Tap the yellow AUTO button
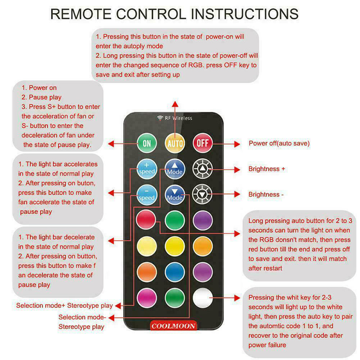point(175,144)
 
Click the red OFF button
point(202,143)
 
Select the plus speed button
point(147,169)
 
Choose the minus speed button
point(147,195)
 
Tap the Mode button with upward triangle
point(175,169)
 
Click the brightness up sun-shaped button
point(202,169)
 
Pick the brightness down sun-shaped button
point(202,194)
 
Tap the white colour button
point(202,298)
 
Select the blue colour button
point(175,272)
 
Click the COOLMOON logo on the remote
point(174,326)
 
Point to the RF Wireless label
point(175,118)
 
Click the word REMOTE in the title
point(81,14)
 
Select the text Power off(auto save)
point(279,143)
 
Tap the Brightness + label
point(266,169)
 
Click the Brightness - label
point(266,194)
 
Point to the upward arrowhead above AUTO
point(175,104)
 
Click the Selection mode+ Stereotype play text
point(64,306)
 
